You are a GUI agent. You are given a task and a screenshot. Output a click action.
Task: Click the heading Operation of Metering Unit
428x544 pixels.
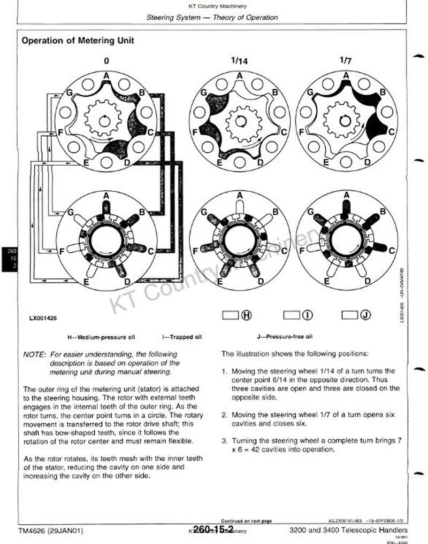pos(78,40)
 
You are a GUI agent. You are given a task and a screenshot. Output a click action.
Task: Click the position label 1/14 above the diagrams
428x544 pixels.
pos(240,61)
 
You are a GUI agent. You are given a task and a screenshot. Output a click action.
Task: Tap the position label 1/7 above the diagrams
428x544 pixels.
pos(346,60)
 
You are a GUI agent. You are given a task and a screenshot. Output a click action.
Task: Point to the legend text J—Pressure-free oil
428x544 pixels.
pos(285,337)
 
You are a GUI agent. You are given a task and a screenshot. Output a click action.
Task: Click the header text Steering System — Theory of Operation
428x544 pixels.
pos(212,17)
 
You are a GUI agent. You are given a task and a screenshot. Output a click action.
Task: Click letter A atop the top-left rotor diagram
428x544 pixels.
pos(106,76)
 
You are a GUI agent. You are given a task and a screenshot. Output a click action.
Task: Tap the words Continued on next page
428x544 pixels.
pos(247,520)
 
